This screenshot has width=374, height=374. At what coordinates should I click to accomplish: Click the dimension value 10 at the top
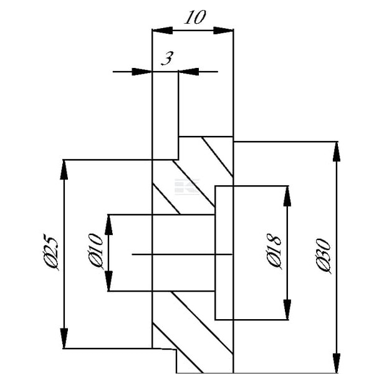(195, 17)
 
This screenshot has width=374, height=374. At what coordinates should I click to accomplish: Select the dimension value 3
(168, 59)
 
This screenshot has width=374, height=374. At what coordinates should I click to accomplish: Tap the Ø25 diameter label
(50, 252)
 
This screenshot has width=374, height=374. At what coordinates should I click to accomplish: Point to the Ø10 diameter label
(95, 251)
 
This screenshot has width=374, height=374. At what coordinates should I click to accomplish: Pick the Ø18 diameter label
(274, 251)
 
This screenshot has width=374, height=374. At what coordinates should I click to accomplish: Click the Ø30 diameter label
(324, 256)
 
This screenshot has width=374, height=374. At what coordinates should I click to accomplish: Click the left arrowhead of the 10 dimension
(162, 31)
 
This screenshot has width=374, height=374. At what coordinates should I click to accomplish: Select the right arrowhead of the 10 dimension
(223, 31)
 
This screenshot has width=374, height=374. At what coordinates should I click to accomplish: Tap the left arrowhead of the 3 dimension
(142, 72)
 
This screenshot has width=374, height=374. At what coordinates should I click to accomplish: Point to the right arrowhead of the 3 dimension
(189, 72)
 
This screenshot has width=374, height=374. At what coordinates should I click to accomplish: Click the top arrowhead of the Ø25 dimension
(64, 170)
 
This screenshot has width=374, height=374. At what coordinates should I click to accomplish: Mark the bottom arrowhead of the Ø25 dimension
(64, 338)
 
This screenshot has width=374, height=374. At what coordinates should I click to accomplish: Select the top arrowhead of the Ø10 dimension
(108, 224)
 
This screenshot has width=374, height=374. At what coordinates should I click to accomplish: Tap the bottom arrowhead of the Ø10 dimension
(108, 281)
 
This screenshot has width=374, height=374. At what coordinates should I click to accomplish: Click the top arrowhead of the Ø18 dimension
(287, 196)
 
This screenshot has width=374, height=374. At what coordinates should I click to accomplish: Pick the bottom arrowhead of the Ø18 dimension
(287, 310)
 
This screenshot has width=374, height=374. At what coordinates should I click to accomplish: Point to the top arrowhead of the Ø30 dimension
(337, 151)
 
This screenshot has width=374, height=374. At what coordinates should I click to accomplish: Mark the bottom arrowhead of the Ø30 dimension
(337, 363)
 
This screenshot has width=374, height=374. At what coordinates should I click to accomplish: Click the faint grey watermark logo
(187, 186)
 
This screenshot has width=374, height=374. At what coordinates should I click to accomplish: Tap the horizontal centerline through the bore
(182, 254)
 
